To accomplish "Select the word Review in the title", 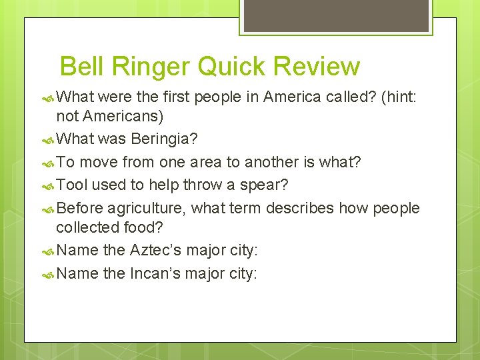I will tap(317, 67).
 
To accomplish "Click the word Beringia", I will tap(164, 139).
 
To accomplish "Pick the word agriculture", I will tap(146, 209).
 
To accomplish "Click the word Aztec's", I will tap(160, 250).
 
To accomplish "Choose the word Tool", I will tap(73, 185).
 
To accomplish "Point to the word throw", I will tap(199, 185).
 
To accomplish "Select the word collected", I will tap(88, 227).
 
